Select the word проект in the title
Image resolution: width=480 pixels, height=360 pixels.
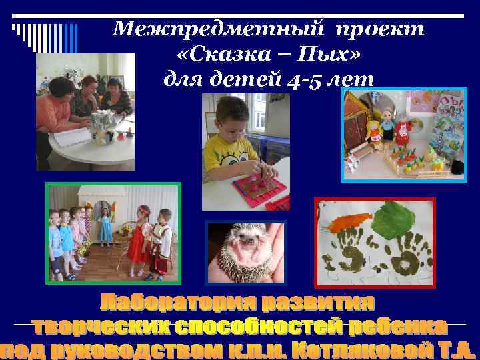click(379, 29)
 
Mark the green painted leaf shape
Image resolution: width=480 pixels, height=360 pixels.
click(396, 220)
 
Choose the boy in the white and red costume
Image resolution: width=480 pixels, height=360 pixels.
click(160, 243)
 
